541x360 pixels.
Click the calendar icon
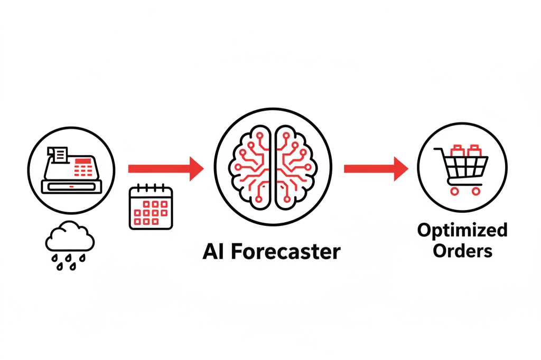(151, 208)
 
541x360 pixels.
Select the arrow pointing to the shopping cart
(376, 168)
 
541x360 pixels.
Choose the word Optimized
(462, 231)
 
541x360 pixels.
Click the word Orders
(462, 250)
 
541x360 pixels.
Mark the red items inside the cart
(465, 151)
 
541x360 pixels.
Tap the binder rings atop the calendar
(151, 188)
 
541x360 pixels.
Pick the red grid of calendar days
(151, 212)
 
